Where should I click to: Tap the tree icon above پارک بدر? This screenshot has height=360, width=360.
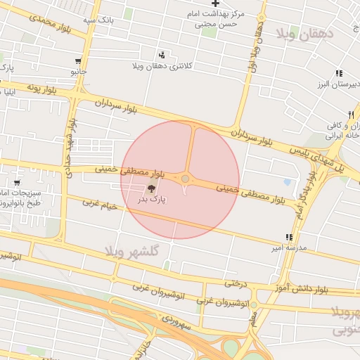coord(152,188)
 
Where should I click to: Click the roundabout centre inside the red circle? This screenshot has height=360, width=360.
coord(185,179)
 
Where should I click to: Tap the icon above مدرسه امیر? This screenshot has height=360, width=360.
coord(288,237)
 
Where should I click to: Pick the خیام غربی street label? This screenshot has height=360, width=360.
coord(98,204)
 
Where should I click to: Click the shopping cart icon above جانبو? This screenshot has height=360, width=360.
coord(77,61)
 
